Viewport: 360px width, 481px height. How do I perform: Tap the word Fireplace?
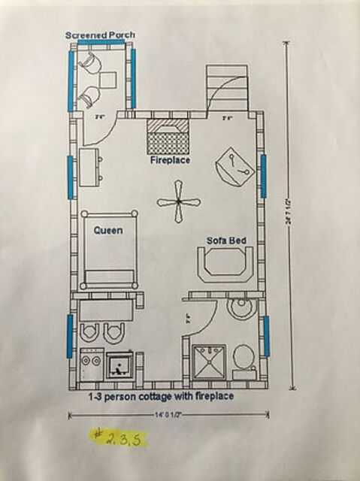[169, 160]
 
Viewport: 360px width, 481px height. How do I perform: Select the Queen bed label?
[107, 231]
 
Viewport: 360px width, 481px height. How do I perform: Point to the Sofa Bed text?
[228, 241]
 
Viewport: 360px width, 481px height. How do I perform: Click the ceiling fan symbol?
[177, 201]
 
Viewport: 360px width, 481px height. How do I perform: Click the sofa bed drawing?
[224, 266]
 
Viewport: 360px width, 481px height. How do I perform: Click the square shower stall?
[208, 362]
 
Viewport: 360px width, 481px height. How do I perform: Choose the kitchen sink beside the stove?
[119, 367]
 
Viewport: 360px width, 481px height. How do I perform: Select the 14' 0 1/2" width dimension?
[170, 414]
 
